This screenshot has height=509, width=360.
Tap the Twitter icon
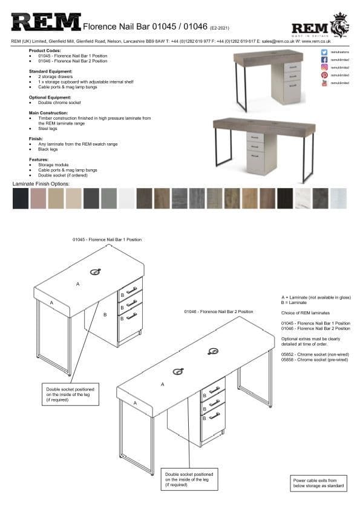324,53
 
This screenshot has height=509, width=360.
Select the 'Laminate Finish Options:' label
41,183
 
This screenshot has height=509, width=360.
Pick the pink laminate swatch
38,198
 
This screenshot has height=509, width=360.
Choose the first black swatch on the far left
20,198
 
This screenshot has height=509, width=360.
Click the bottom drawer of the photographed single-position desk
292,86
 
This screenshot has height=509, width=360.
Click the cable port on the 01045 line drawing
95,272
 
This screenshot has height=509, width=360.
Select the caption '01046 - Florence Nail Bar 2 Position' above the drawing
218,311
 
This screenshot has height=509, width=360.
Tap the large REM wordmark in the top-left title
45,24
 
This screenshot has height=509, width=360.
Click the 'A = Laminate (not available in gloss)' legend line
316,298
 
